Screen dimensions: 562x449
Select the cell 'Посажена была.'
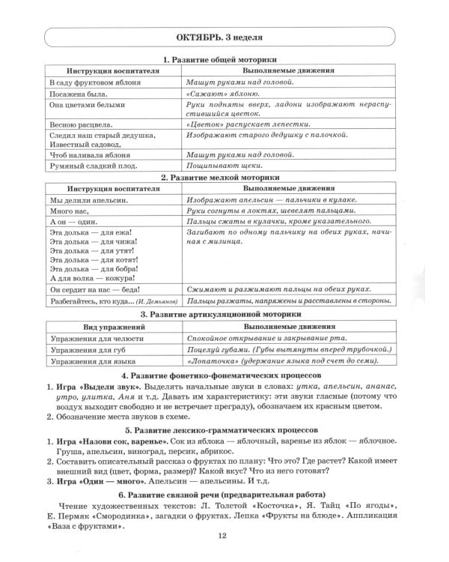click(78, 94)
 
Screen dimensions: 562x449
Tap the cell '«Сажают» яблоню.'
click(216, 94)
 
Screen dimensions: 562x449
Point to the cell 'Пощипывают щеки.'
click(219, 166)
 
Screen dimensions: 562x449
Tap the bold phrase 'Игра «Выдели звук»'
click(100, 387)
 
